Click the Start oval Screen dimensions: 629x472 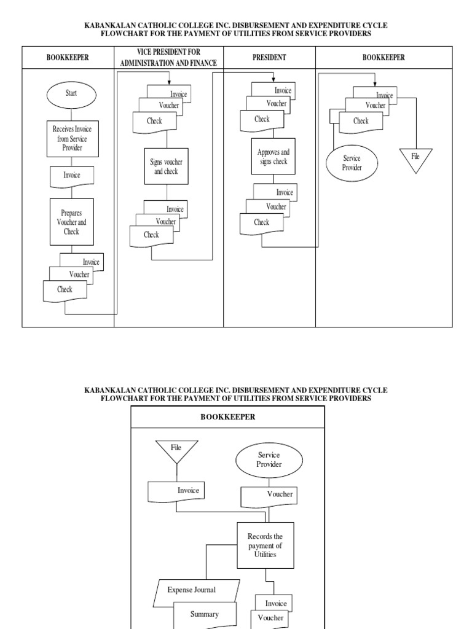(71, 94)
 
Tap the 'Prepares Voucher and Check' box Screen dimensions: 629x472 (71, 221)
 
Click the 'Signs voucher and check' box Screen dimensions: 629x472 (167, 166)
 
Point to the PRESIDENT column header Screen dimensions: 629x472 (269, 57)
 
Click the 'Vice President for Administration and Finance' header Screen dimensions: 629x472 (169, 57)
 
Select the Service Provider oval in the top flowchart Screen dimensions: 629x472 (352, 163)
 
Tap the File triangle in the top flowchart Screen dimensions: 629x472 (415, 159)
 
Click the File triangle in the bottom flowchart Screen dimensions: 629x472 (176, 451)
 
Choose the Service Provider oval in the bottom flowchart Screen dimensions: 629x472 (269, 460)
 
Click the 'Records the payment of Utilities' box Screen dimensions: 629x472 (265, 545)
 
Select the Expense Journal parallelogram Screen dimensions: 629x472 (191, 590)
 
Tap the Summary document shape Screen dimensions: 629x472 (203, 614)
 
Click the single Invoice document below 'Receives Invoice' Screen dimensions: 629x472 (71, 176)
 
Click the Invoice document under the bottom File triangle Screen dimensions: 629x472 (176, 491)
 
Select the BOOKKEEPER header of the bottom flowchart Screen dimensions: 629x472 (227, 416)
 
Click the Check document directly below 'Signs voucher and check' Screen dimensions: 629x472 (151, 235)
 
